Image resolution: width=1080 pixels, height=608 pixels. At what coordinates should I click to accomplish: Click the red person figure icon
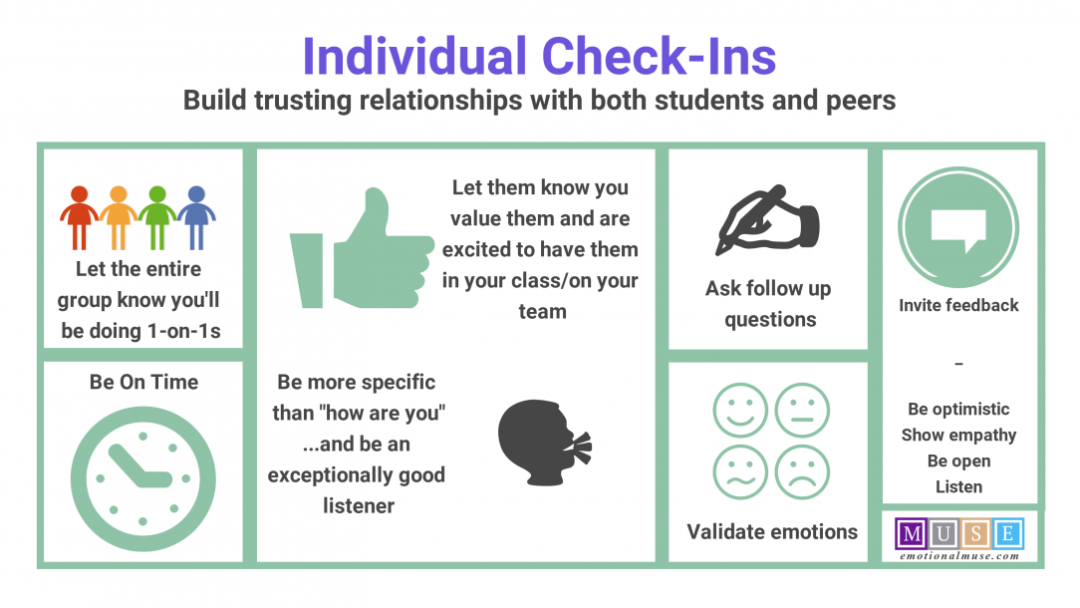79,215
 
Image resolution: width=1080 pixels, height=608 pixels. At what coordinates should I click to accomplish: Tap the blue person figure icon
196,215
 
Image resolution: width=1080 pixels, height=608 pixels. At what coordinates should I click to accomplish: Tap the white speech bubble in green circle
957,226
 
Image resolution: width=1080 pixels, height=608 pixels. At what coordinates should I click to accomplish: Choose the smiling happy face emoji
740,411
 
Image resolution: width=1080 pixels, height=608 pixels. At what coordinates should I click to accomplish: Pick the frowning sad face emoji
802,472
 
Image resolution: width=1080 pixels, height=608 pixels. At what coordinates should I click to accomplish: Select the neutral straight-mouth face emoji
802,411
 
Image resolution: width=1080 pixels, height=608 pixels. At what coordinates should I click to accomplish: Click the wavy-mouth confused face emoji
740,472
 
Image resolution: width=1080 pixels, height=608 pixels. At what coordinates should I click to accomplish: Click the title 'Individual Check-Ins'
539,56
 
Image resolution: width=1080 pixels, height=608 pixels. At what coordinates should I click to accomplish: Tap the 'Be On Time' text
143,382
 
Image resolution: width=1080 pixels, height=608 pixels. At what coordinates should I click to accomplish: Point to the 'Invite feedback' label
958,305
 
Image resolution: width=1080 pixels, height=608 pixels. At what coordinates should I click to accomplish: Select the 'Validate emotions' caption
772,531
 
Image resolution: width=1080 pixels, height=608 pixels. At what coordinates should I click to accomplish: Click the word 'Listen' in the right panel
958,486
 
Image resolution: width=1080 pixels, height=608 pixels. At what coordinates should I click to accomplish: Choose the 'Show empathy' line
958,435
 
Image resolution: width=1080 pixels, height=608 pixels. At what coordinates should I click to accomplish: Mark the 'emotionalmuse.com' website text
957,555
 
